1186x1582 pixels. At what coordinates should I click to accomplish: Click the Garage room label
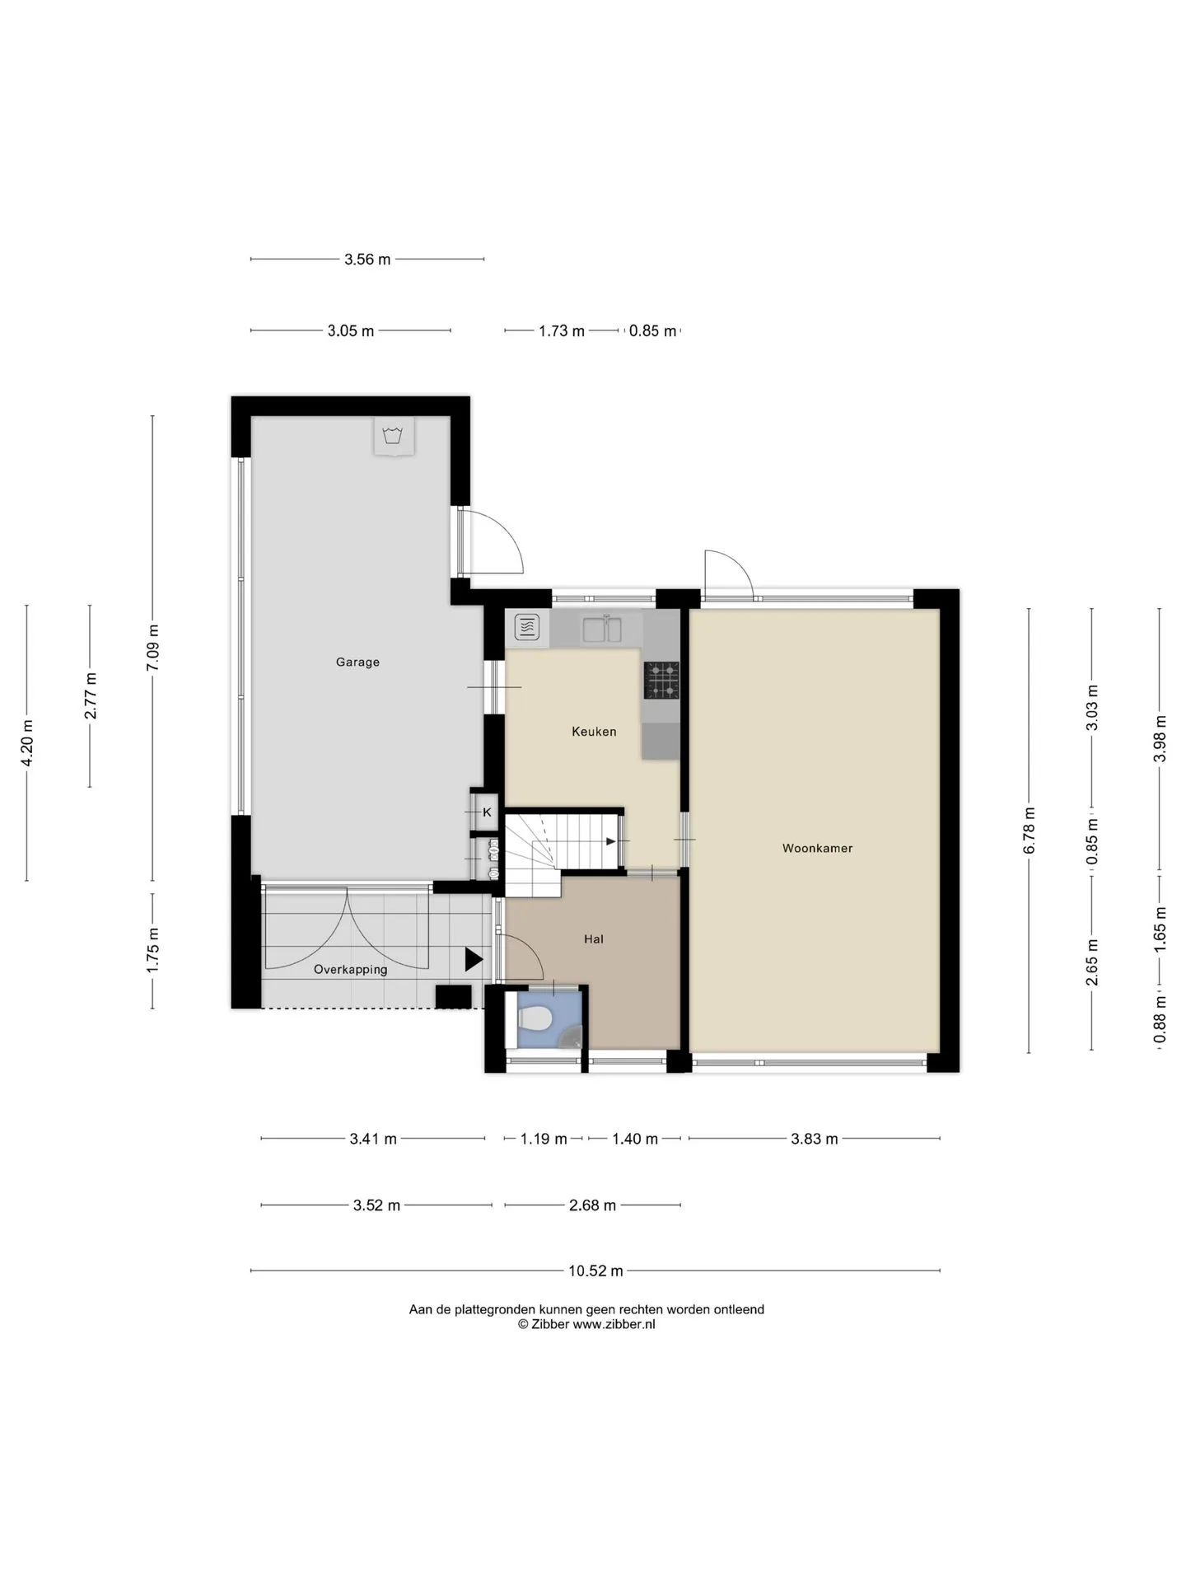[x=357, y=662]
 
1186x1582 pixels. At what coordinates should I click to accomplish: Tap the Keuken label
[x=594, y=732]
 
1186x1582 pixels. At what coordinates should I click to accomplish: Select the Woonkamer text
[x=817, y=848]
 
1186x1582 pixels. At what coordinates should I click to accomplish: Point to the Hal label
[x=593, y=938]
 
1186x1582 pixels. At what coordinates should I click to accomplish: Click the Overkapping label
[x=350, y=970]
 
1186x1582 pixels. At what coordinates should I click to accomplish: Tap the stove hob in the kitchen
[x=661, y=680]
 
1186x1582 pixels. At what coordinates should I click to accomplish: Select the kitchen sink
[x=603, y=629]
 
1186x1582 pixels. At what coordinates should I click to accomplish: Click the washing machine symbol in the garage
[x=394, y=436]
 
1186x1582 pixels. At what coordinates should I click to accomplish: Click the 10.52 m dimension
[x=595, y=1271]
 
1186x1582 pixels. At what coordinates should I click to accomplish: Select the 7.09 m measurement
[x=153, y=648]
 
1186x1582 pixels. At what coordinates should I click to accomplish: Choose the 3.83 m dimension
[x=815, y=1139]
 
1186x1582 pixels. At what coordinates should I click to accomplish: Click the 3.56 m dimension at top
[x=367, y=260]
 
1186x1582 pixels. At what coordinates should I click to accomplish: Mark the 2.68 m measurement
[x=593, y=1205]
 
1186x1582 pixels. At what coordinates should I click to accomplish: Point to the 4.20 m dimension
[x=27, y=743]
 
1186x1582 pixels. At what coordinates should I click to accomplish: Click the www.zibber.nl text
[x=614, y=1325]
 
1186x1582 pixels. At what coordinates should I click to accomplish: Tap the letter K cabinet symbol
[x=487, y=812]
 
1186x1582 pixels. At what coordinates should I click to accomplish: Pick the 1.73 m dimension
[x=562, y=331]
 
